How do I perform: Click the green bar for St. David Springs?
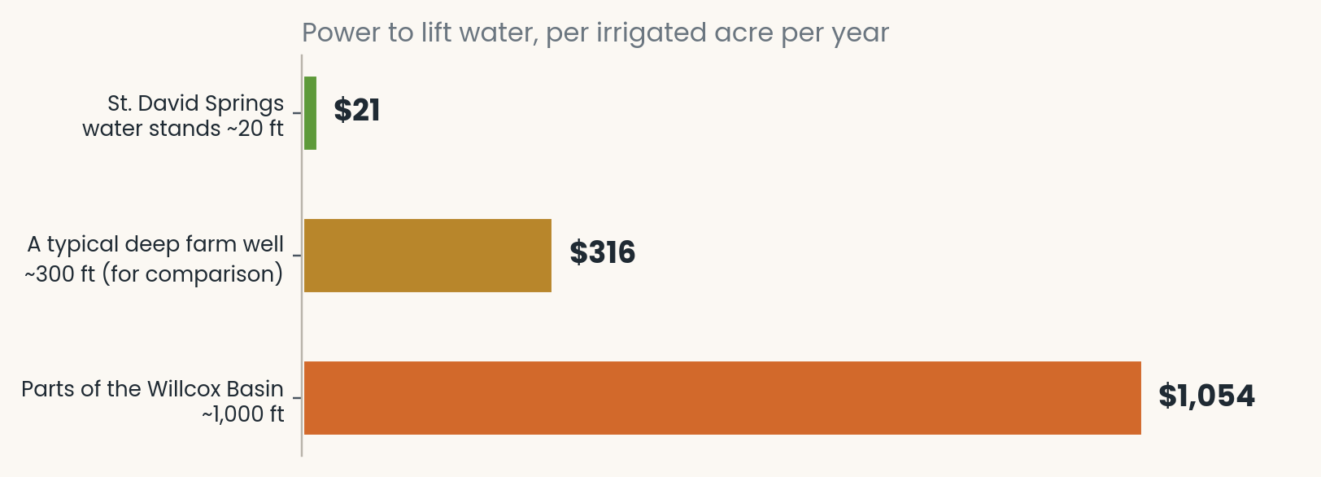tap(310, 113)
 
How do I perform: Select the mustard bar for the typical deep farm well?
tap(428, 256)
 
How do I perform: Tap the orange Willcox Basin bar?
tap(722, 398)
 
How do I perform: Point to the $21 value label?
tap(357, 111)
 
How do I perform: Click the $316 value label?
tap(602, 252)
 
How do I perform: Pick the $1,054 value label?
tap(1206, 396)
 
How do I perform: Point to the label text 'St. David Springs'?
tap(195, 103)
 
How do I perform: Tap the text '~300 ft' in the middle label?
tap(59, 274)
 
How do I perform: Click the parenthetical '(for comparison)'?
tap(193, 274)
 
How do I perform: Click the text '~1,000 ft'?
tap(243, 414)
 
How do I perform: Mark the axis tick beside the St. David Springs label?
tap(297, 113)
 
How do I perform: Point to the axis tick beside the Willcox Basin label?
tap(297, 398)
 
